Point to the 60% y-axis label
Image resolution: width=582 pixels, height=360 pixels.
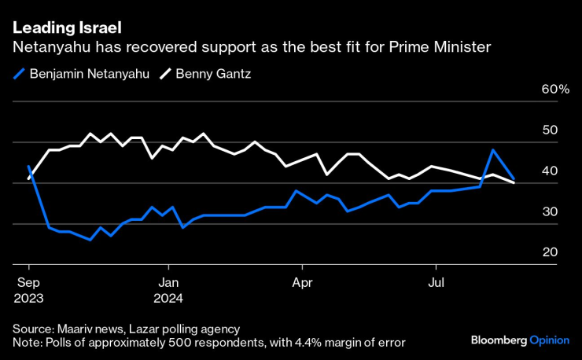555,90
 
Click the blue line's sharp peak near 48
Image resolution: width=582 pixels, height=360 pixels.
493,150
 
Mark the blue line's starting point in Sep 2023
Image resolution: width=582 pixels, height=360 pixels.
28,167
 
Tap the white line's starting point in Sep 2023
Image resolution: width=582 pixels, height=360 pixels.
28,178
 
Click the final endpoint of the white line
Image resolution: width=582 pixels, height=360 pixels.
514,182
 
